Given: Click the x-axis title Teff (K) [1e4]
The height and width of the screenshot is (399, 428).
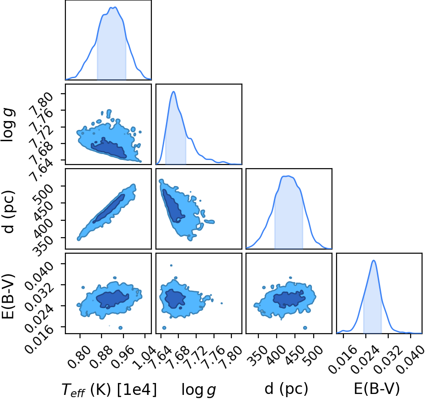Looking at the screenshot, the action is [x=109, y=389].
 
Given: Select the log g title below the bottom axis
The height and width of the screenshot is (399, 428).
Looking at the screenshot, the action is [x=199, y=389].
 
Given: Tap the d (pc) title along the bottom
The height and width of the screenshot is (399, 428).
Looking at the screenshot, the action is [x=286, y=389].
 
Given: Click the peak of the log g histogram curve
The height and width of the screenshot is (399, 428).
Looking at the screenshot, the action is [x=173, y=91].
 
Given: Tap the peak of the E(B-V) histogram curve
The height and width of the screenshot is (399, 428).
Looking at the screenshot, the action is [x=374, y=261].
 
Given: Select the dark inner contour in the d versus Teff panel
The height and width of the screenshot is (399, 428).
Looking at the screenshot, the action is [x=109, y=209].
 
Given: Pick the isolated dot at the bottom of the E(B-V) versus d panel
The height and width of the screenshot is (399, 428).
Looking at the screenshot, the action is [x=305, y=328].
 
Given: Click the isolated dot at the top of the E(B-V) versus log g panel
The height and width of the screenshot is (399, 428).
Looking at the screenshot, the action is [x=171, y=265].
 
